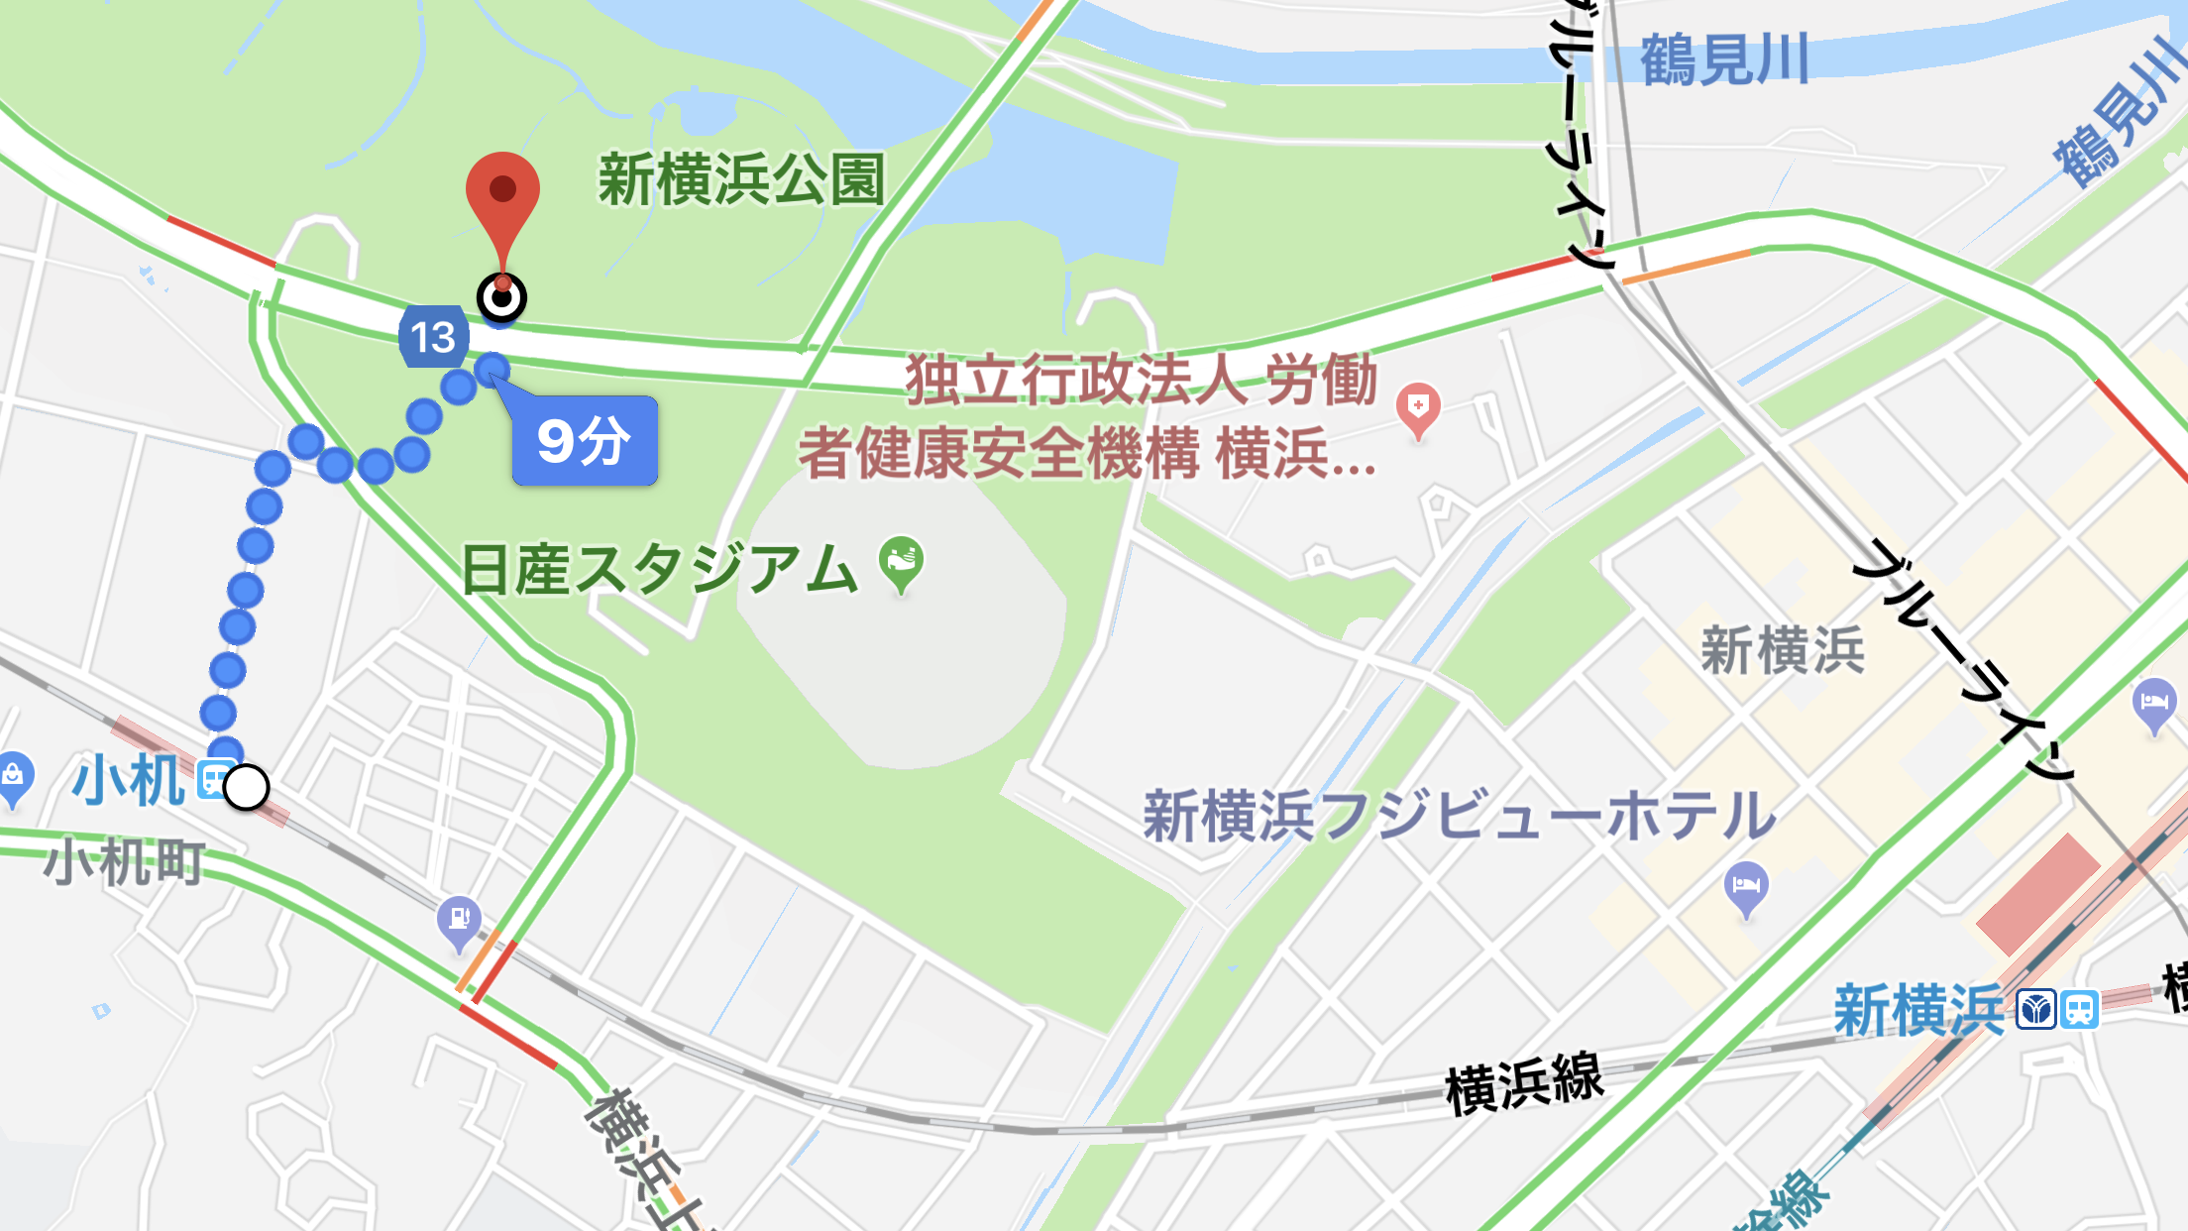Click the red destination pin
(502, 198)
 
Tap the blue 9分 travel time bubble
(585, 441)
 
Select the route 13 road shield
(433, 337)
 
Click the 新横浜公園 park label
(741, 180)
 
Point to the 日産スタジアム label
(660, 570)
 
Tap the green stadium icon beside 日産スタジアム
(902, 563)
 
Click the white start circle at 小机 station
(246, 788)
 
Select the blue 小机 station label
(129, 781)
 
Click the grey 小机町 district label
(125, 861)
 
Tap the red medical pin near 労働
(1418, 408)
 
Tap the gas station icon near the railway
(459, 921)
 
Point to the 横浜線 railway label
(1524, 1082)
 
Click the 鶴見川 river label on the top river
(1724, 60)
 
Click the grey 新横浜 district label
(1783, 651)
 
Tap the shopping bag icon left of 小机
(13, 777)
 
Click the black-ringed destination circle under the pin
(502, 297)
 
